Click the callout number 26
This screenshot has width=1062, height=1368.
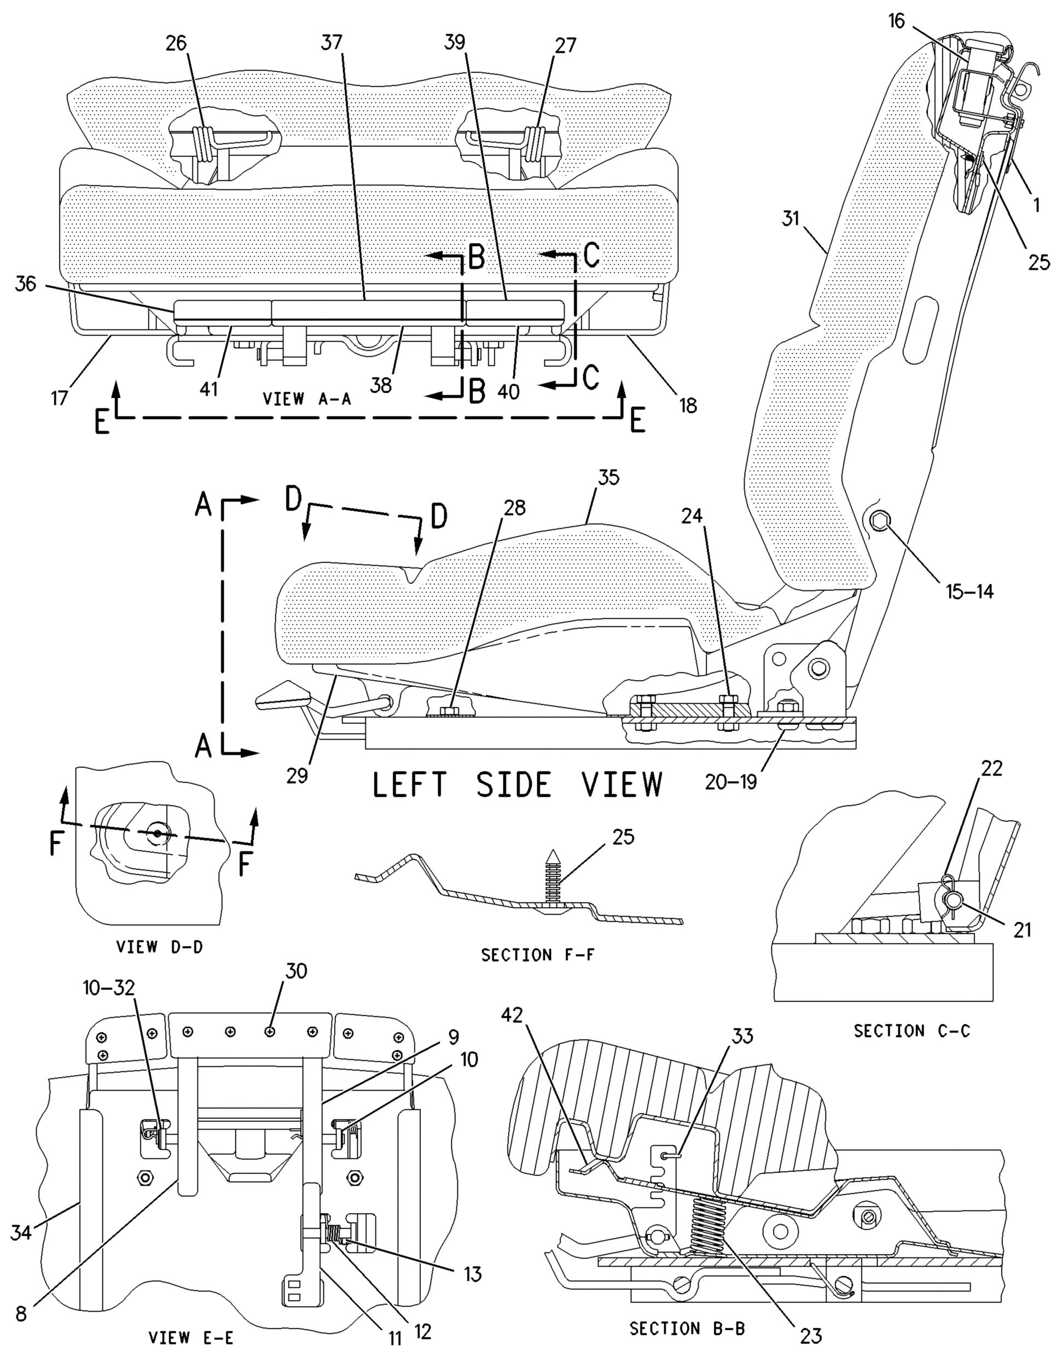(x=176, y=44)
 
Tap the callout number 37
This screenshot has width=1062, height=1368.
(x=333, y=43)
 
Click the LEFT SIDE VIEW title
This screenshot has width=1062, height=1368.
(x=517, y=784)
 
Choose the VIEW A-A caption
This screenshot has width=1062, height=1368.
(x=307, y=399)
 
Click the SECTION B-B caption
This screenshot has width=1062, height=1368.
(x=687, y=1329)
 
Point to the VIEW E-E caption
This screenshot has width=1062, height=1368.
(x=191, y=1338)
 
